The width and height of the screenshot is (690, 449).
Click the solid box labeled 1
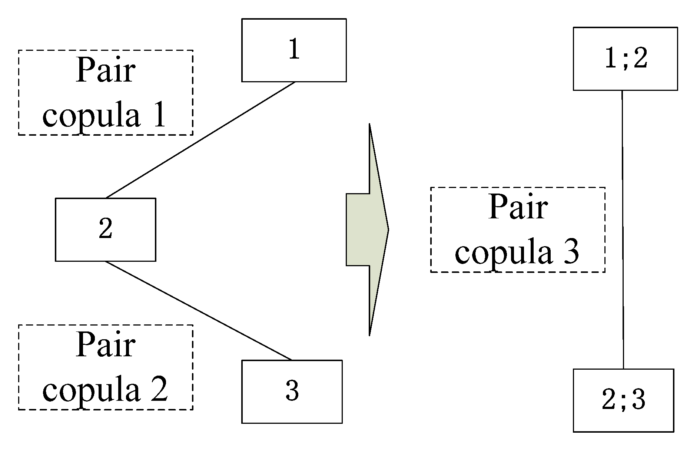[294, 50]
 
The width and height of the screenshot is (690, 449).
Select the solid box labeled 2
[106, 230]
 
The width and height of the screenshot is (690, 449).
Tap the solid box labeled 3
[292, 392]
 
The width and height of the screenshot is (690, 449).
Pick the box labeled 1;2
[625, 59]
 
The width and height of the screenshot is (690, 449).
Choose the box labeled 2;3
[623, 400]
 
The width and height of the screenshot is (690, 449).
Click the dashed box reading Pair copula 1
[106, 92]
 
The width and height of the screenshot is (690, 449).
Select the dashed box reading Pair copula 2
[106, 367]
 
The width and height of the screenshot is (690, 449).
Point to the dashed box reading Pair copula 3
[518, 230]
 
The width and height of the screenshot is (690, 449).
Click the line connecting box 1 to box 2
[200, 140]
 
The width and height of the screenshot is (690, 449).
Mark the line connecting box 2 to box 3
[198, 310]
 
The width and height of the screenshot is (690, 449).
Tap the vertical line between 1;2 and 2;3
[623, 230]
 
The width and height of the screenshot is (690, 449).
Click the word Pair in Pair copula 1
[106, 71]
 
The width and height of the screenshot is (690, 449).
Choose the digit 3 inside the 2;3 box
[638, 400]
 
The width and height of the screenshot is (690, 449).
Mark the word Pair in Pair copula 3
[518, 208]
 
